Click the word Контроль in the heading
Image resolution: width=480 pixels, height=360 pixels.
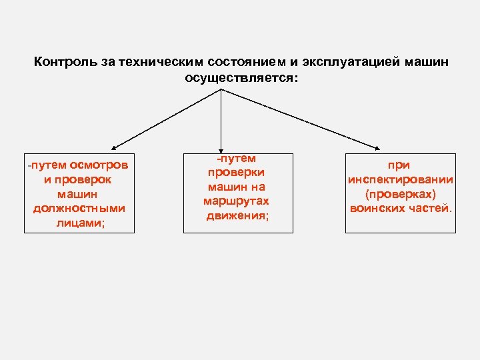click(61, 62)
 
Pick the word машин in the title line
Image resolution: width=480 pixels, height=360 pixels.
click(427, 62)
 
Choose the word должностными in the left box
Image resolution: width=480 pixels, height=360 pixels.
click(79, 209)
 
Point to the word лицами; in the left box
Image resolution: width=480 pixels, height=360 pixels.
click(79, 223)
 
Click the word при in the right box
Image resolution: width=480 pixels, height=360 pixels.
click(400, 165)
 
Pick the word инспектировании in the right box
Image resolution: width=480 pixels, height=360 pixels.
click(401, 179)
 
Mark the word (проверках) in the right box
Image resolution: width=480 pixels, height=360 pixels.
click(400, 194)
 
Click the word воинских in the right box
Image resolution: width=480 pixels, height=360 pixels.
click(377, 209)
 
